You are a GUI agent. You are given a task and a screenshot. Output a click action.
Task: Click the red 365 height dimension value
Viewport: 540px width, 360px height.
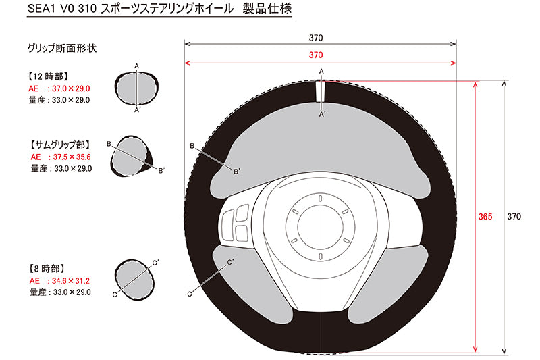485,217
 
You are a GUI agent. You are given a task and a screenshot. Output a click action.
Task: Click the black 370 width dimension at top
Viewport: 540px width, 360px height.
316,38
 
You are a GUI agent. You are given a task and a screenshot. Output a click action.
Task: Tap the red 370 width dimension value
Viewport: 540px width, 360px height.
316,55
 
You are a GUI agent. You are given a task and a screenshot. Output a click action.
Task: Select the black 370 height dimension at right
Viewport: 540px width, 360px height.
514,217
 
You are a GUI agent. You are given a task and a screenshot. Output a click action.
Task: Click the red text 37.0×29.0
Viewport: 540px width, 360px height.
71,88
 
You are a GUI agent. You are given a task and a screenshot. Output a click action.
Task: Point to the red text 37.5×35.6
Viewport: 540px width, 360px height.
72,157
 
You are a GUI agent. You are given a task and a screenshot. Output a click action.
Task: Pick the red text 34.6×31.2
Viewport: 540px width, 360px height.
71,281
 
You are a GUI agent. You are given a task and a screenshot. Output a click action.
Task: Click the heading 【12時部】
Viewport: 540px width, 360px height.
47,76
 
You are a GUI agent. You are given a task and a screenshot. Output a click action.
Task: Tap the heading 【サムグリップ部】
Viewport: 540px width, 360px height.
60,145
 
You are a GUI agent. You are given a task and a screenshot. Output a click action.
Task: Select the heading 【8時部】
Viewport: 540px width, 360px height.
46,268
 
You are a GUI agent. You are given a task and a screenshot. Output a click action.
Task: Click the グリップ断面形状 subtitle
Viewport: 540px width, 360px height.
62,48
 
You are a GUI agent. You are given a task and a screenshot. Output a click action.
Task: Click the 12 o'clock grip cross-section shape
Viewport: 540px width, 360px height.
136,88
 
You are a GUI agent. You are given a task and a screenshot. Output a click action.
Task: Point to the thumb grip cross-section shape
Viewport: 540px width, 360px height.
132,156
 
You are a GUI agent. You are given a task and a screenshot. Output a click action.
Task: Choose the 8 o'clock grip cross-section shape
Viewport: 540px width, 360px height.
134,280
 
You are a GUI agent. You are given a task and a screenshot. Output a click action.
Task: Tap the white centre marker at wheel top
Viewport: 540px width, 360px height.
321,91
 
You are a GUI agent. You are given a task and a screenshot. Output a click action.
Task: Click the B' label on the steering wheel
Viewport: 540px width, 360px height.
237,172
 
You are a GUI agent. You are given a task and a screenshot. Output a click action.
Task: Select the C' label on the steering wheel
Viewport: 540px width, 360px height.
230,262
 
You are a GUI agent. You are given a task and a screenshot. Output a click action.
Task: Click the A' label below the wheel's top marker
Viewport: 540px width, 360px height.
322,114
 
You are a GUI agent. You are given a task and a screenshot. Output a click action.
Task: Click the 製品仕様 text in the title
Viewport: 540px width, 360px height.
267,9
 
